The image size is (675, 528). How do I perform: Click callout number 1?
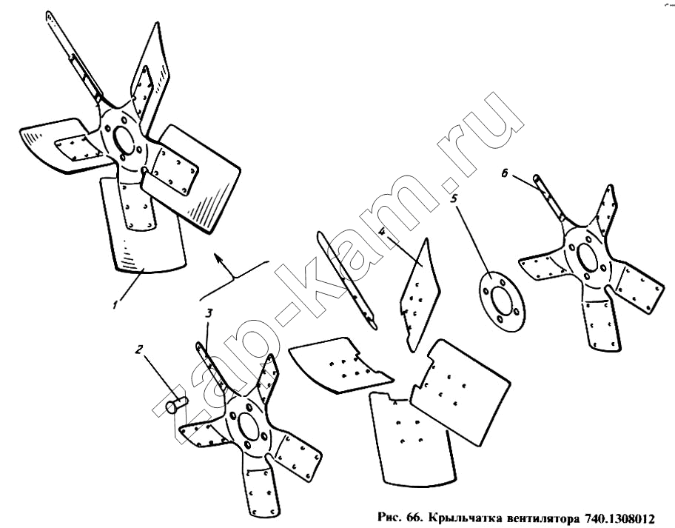(115, 304)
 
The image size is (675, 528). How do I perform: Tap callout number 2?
(138, 350)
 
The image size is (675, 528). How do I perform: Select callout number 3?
(208, 313)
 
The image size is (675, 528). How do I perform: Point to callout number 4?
(382, 231)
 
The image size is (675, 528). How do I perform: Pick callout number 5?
(454, 199)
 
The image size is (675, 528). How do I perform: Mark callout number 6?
(506, 173)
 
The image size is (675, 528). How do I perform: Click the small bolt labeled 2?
(176, 405)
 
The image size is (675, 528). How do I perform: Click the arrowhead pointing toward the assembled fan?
(219, 258)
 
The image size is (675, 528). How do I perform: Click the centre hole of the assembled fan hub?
(124, 138)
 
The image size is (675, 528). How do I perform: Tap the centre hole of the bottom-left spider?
(247, 427)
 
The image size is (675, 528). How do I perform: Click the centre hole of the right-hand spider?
(586, 258)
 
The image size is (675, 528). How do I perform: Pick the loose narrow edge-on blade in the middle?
(346, 280)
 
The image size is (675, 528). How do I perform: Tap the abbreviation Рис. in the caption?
(389, 517)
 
